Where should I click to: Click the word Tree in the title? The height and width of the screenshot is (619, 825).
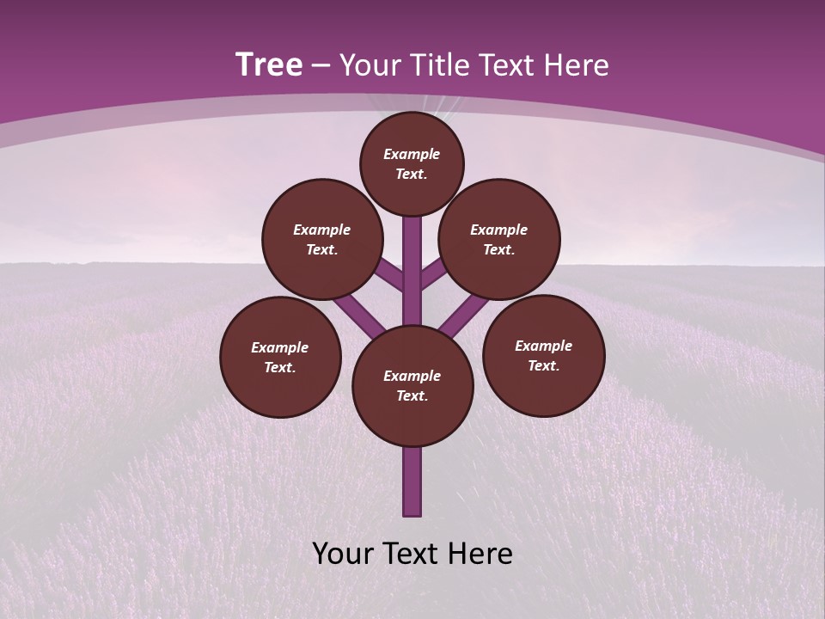point(269,65)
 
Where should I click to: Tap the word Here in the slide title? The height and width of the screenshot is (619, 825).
point(577,65)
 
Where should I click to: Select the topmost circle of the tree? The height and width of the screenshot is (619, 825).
point(412,163)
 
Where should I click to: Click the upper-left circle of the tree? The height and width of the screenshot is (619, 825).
point(322,239)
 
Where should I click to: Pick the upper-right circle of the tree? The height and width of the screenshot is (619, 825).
point(499,239)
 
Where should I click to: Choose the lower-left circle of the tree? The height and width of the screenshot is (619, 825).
point(280,357)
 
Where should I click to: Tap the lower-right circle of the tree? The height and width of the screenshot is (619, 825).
point(543,355)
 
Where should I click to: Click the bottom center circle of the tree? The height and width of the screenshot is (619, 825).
point(412,386)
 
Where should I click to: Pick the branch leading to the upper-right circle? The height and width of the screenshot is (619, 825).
point(433,275)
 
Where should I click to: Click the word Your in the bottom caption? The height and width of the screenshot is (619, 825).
point(343,554)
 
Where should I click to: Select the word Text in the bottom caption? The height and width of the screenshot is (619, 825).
point(412,554)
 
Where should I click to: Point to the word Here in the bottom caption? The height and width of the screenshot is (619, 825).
point(480,554)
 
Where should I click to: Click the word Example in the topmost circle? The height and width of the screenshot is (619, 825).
point(412,155)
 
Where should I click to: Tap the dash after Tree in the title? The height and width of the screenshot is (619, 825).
point(321,66)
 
